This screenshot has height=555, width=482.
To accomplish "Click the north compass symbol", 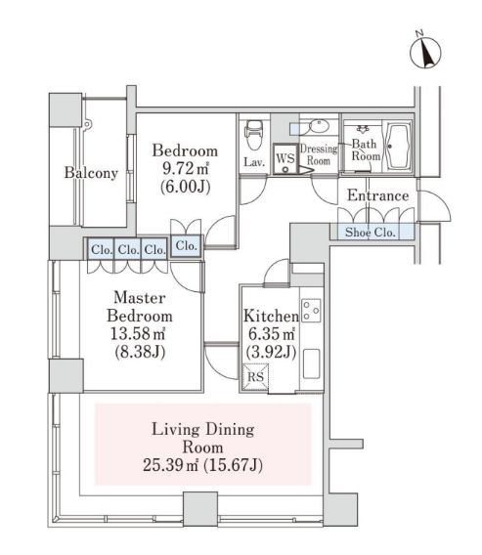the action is tap(425, 52).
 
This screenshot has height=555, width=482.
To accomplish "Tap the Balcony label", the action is tap(91, 173).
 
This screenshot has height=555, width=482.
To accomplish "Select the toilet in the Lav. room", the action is tap(253, 134).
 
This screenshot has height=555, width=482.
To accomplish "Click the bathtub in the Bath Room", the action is tap(399, 147).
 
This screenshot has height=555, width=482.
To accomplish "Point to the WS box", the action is tap(285, 158).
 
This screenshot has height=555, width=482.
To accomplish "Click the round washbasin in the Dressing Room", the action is tap(320, 126).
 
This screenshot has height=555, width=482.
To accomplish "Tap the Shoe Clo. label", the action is tap(371, 233).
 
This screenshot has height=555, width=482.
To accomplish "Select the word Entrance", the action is tap(378, 195).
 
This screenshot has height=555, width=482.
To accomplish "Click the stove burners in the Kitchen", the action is tap(311, 311).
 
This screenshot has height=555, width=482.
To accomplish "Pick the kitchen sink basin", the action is tap(312, 364).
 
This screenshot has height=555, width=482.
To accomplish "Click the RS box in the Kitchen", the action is tap(255, 376).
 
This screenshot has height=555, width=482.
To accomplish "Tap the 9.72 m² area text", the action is tap(185, 168).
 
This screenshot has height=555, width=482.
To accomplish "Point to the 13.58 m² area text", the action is tap(138, 333).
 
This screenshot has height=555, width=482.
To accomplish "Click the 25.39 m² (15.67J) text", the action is tap(202, 465).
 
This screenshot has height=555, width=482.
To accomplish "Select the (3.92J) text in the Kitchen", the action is tap(271, 352).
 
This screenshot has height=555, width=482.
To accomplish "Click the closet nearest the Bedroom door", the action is tap(187, 245).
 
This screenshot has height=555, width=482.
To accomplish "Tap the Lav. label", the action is tap(254, 162).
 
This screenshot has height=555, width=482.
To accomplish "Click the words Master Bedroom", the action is tap(140, 307).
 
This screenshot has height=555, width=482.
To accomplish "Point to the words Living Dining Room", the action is tap(203, 438).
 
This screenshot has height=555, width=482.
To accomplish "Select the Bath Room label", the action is tap(365, 149).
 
